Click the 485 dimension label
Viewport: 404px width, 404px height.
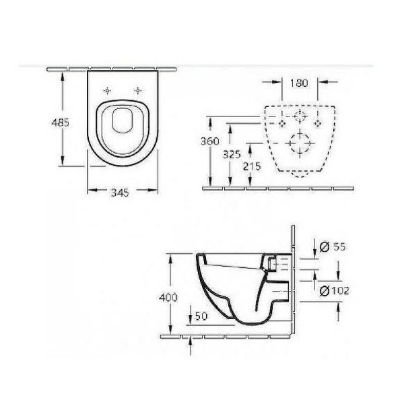tap(61, 123)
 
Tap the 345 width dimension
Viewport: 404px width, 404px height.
tap(120, 193)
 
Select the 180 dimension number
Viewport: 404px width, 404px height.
tap(299, 83)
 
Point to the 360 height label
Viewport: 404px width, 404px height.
tap(210, 141)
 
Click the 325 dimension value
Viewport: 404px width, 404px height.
tap(232, 155)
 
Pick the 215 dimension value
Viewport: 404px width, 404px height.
tap(252, 166)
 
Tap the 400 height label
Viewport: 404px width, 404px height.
tap(168, 298)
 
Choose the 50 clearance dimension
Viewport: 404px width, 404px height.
tap(201, 316)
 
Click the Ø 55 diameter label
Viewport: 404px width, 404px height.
tap(333, 247)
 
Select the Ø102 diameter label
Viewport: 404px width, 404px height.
tap(334, 291)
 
